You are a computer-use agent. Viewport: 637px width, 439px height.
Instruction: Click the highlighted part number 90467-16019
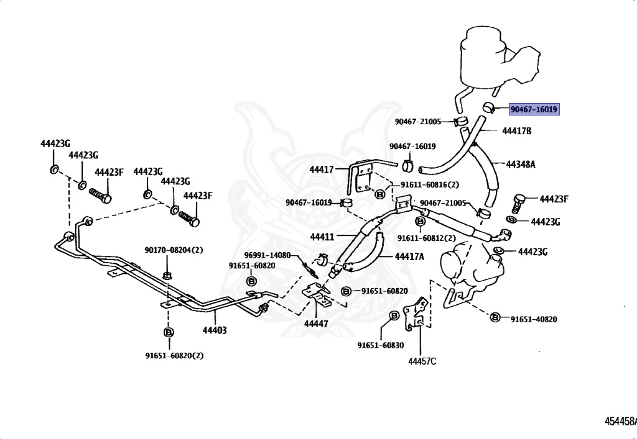coord(534,110)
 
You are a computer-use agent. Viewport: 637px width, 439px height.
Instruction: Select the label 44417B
coord(517,131)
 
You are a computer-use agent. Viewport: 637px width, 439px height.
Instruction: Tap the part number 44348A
coord(521,165)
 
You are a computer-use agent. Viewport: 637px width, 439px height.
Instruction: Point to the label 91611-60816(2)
coord(429,184)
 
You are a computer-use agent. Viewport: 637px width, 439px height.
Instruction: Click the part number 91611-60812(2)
coord(427,238)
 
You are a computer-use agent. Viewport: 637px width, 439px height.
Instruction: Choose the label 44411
coord(323,237)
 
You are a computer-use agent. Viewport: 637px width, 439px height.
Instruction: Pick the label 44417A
coord(409,256)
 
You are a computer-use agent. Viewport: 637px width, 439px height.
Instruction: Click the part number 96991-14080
coord(267,255)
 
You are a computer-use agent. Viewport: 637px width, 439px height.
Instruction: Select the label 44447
coord(315,324)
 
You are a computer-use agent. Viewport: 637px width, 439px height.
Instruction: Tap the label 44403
coord(214,330)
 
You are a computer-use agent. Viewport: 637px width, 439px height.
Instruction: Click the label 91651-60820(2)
coord(174,356)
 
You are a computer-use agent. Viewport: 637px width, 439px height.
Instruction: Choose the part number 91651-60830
coord(380,345)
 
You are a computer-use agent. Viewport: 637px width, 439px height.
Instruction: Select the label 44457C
coord(422,361)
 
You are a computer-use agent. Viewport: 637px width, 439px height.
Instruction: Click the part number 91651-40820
coord(534,319)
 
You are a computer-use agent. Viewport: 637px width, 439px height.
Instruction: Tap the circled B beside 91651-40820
coord(495,318)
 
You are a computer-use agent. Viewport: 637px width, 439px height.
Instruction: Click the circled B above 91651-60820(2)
coord(168,333)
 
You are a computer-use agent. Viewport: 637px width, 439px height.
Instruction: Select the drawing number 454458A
coord(620,422)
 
